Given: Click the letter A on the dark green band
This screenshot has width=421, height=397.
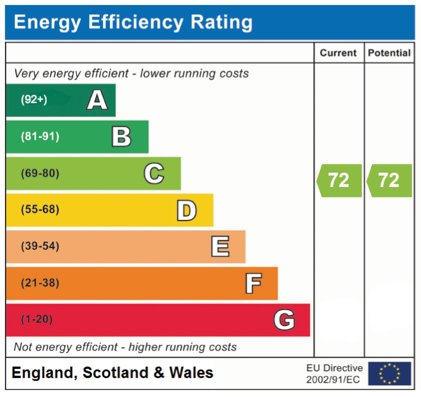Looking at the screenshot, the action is tap(97, 99).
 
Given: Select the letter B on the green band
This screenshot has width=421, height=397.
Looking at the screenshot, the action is tap(121, 137).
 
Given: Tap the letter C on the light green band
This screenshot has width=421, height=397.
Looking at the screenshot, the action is tap(154, 173).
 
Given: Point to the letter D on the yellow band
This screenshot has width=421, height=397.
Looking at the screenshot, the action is tap(187, 210).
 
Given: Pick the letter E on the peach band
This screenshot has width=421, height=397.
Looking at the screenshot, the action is tap(220, 246).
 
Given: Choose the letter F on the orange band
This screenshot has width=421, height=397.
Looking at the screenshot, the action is tap(254, 283).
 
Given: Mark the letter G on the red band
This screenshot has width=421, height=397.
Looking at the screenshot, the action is tap(284, 319).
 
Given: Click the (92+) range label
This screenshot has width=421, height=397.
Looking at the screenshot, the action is tap(34, 99).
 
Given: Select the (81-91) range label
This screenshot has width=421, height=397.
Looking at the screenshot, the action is tap(40, 137).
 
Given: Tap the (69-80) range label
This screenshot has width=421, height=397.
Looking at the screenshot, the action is tap(40, 173).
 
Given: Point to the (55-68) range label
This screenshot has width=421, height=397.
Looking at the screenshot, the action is tap(40, 209).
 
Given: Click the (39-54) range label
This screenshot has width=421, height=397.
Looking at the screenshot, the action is tap(40, 246).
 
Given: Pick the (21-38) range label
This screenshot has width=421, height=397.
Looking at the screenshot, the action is tap(40, 283).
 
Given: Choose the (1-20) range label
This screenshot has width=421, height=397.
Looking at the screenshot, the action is tap(37, 319).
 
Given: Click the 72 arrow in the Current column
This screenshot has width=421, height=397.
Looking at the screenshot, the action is tap(339, 181).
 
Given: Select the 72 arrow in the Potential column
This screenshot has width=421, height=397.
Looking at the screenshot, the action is tap(389, 181).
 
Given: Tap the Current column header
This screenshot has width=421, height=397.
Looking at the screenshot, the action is tap(338, 53).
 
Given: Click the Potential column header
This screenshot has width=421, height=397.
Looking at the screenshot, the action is tap(389, 53).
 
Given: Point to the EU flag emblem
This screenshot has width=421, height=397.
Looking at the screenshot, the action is tap(390, 373).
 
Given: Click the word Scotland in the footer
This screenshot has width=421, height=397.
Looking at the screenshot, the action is tap(115, 372).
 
